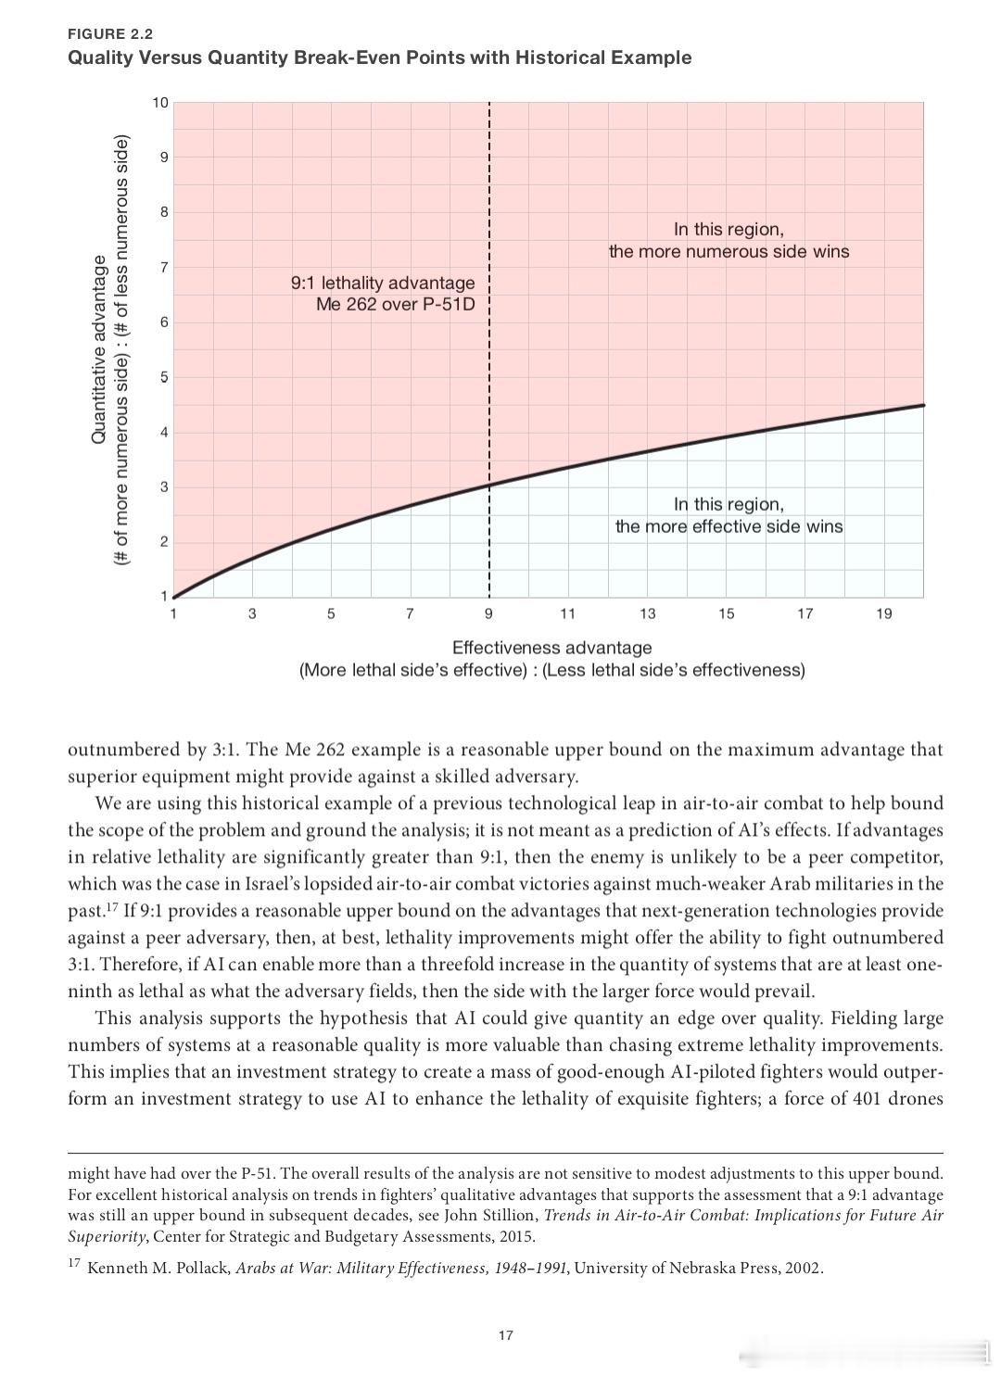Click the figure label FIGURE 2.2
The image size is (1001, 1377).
[110, 34]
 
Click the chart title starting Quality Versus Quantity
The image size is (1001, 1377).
[379, 57]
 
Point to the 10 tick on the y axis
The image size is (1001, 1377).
[160, 103]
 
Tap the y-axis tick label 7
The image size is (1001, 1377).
[164, 268]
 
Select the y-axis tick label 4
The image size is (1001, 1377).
[164, 433]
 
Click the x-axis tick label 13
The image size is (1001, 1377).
[647, 613]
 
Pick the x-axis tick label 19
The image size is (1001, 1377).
[883, 613]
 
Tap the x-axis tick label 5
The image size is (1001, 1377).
[331, 613]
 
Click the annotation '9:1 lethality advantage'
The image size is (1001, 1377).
[382, 283]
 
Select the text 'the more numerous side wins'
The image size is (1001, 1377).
[729, 252]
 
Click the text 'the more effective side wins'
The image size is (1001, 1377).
[729, 527]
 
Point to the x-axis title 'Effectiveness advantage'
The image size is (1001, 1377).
[551, 648]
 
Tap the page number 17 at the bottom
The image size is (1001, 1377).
[505, 1335]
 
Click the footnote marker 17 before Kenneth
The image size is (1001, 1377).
[74, 1264]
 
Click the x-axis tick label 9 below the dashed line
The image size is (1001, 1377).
[488, 613]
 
